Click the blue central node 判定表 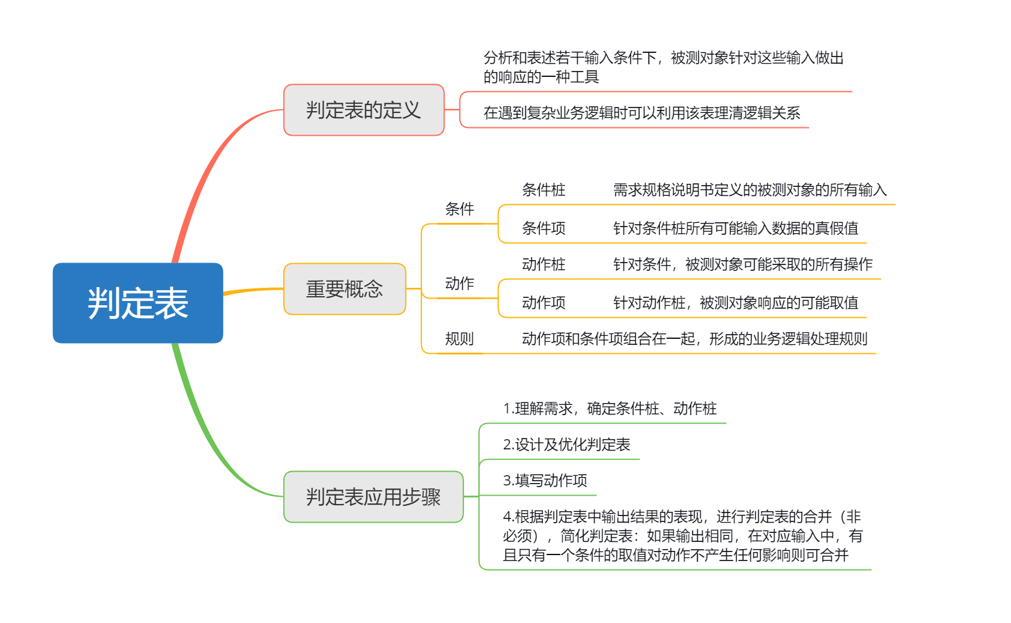point(137,303)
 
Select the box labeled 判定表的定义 point(363,110)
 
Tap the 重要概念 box point(345,289)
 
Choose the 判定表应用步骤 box point(373,497)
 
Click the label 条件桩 point(543,190)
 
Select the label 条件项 point(543,228)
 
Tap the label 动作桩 point(543,264)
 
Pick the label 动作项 point(543,303)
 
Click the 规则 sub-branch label point(459,339)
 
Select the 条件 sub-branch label point(459,209)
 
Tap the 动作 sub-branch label point(459,284)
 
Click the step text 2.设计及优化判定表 point(566,445)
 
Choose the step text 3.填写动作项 point(545,481)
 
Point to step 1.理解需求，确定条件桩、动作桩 point(609,409)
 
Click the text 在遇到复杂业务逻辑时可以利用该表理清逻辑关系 point(641,113)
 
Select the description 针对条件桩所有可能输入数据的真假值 point(735,228)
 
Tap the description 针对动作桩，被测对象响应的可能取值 point(735,303)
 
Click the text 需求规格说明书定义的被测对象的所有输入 point(749,190)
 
